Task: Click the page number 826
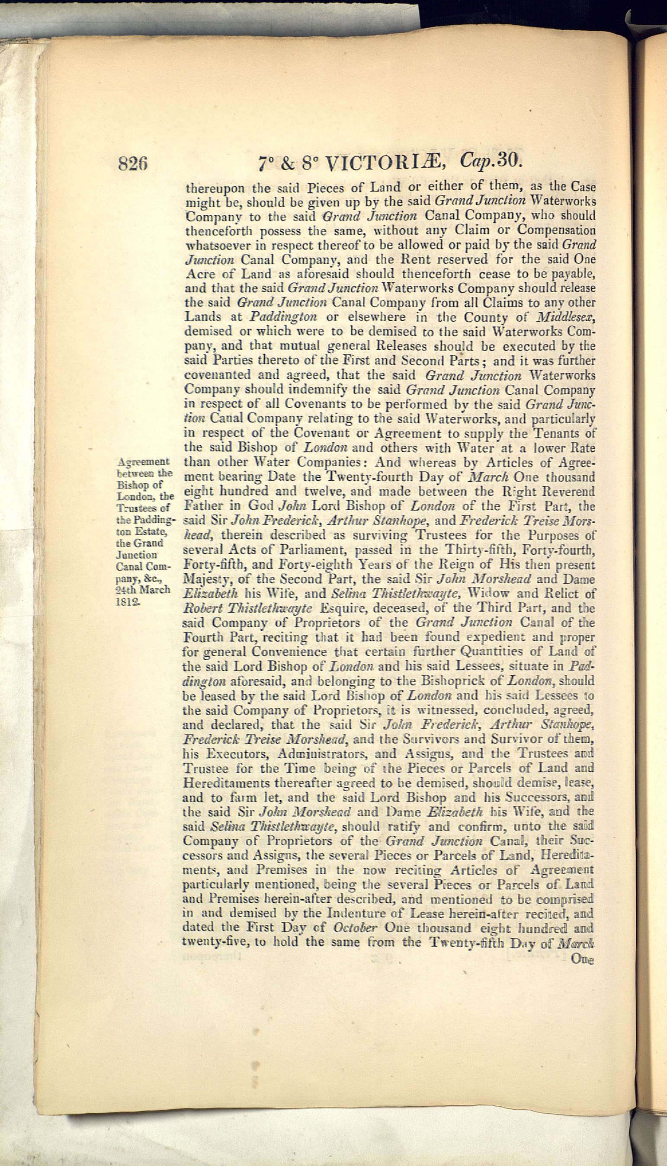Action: (x=133, y=163)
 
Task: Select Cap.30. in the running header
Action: (x=491, y=160)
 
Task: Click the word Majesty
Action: (x=205, y=579)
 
